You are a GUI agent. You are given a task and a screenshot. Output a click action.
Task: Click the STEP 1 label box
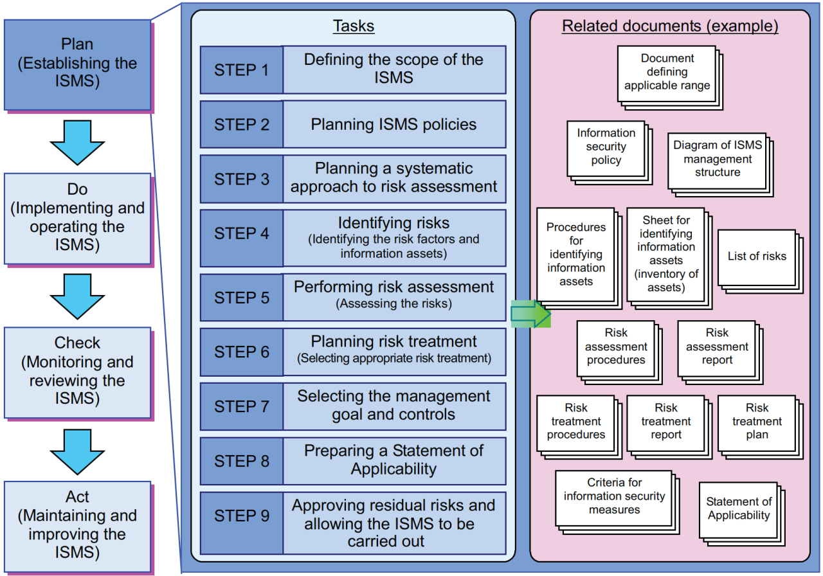[241, 70]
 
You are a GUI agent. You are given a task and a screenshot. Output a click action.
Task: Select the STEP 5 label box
[241, 298]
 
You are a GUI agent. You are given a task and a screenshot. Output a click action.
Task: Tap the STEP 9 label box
[241, 516]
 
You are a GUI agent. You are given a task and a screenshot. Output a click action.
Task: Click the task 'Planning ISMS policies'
[393, 125]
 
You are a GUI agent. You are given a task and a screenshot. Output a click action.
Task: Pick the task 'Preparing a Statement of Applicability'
[393, 460]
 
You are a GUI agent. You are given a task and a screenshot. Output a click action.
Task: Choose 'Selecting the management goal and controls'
[393, 406]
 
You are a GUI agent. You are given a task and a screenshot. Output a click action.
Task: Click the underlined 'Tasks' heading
[353, 26]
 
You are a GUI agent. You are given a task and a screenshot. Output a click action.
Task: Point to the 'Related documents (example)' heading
[670, 26]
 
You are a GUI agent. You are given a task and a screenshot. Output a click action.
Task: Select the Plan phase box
[77, 64]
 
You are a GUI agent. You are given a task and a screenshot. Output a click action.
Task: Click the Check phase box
[77, 371]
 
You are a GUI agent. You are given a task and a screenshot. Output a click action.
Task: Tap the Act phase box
[77, 525]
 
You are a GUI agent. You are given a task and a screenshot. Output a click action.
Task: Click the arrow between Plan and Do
[77, 142]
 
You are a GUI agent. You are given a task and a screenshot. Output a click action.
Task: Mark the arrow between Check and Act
[77, 449]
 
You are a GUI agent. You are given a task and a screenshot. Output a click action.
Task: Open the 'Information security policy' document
[606, 148]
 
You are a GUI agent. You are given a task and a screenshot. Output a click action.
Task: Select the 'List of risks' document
[757, 256]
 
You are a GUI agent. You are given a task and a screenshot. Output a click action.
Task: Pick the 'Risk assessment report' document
[717, 347]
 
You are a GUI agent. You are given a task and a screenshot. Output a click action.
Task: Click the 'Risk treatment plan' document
[757, 422]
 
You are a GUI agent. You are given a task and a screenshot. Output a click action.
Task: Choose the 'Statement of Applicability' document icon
[739, 509]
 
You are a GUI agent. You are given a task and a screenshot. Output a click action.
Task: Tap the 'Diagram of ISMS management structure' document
[718, 160]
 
